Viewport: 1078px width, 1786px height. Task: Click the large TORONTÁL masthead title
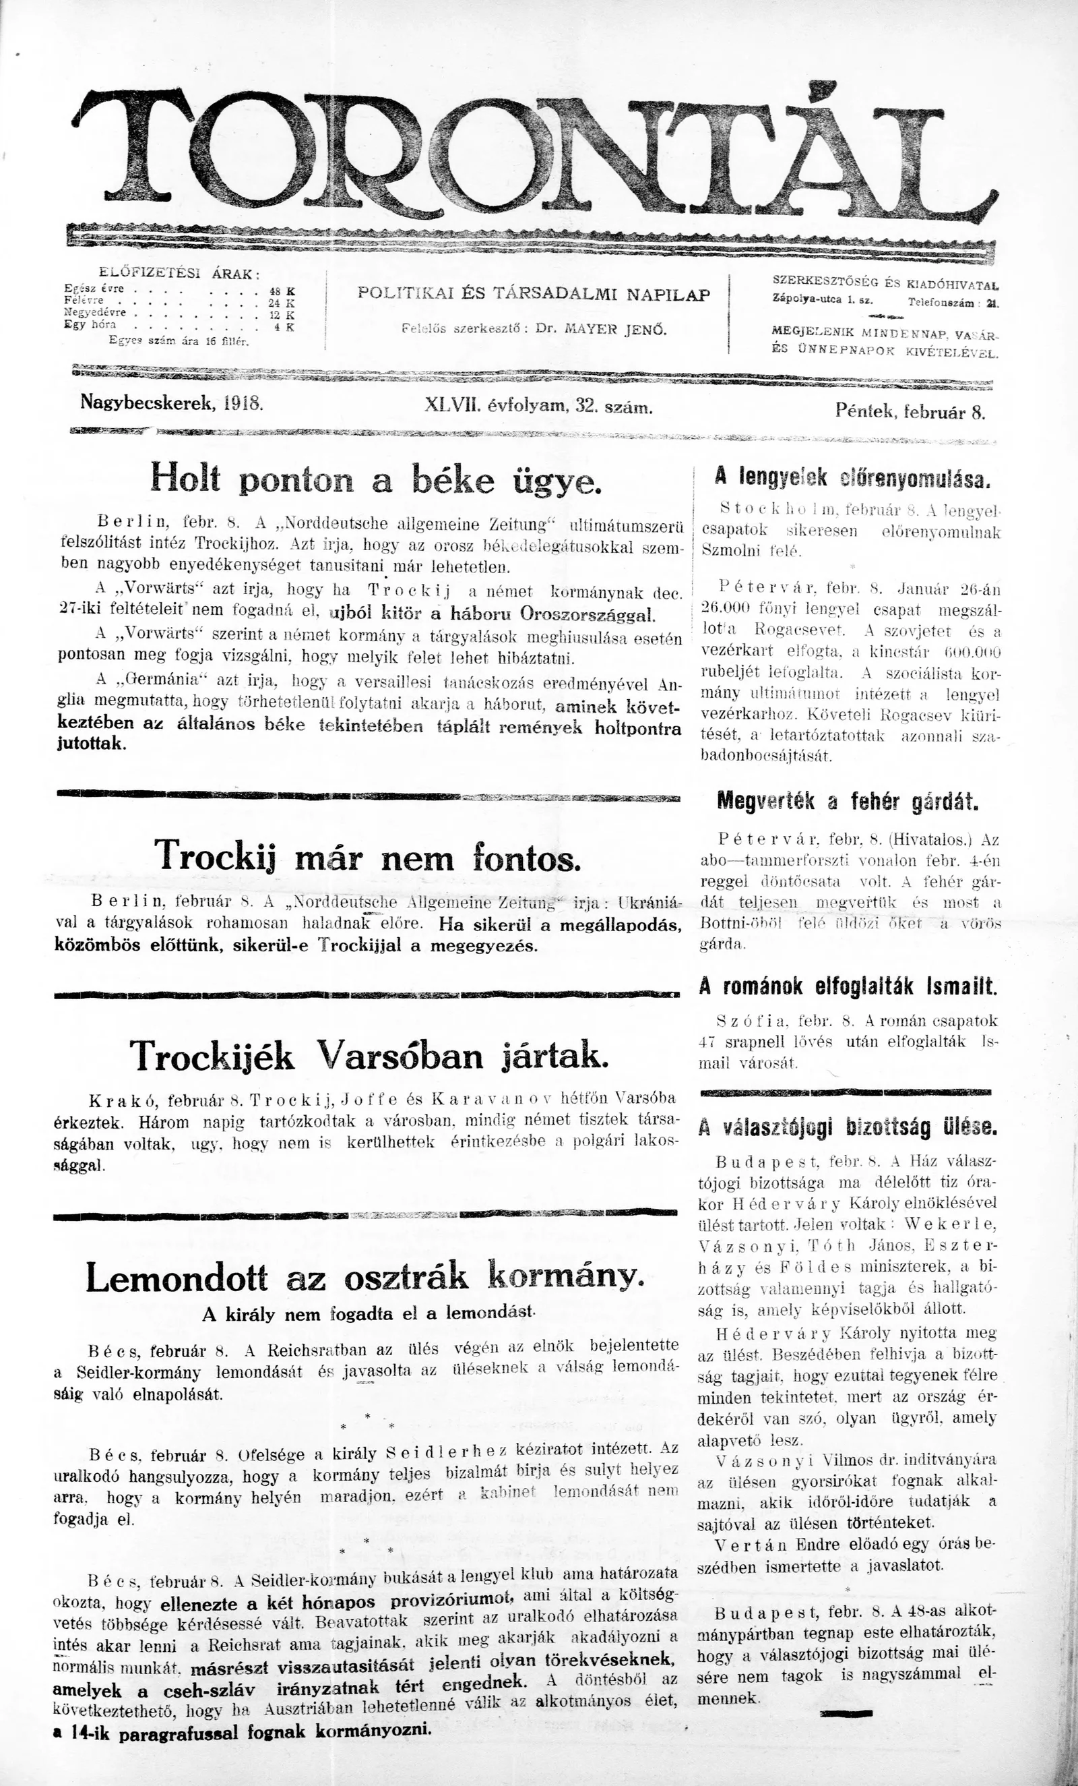coord(536,156)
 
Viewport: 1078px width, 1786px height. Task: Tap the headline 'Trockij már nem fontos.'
coord(368,857)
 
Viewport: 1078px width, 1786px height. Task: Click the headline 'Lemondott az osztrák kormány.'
coord(364,1278)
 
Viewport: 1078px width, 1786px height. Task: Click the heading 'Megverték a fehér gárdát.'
coord(847,802)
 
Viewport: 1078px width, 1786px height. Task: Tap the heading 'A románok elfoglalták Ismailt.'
coord(848,986)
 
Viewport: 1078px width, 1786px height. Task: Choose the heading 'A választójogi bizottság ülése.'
coord(848,1127)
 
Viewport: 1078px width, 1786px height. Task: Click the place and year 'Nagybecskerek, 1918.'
coord(172,403)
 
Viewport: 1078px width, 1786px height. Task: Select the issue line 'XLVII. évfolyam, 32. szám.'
coord(539,407)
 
